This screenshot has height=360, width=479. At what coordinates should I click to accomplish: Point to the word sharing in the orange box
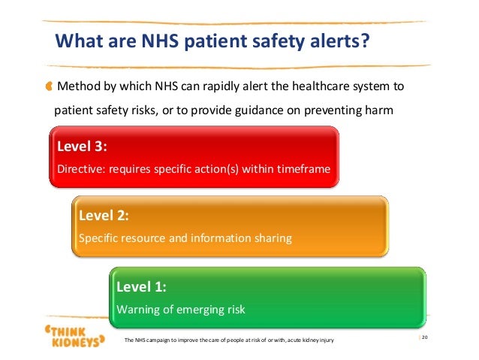[x=271, y=238]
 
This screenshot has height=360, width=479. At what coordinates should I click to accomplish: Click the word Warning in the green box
[x=137, y=309]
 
